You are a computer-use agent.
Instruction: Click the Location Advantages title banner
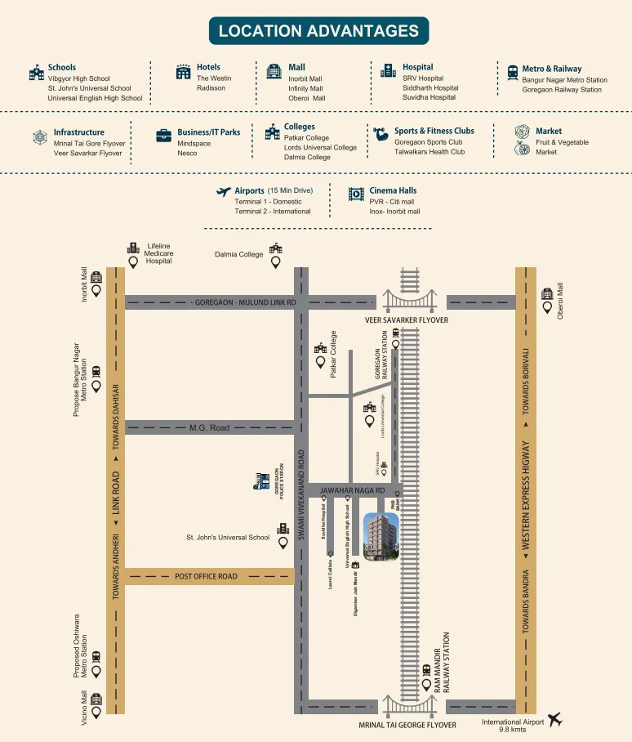point(318,31)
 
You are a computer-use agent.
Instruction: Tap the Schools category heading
point(62,67)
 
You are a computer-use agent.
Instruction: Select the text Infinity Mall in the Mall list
point(305,88)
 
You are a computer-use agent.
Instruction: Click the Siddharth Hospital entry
point(430,87)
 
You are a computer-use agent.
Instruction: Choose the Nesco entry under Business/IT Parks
point(187,153)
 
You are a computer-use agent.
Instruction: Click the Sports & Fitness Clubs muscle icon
point(381,132)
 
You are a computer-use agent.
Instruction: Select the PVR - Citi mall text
point(392,201)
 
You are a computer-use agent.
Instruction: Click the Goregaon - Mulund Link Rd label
point(245,302)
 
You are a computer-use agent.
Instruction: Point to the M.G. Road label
point(210,427)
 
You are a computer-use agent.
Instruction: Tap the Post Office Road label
point(206,576)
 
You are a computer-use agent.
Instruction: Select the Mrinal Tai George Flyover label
point(407,725)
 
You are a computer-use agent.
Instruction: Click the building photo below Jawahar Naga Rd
point(381,537)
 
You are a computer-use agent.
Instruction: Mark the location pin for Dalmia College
point(276,262)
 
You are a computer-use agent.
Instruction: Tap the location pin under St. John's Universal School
point(283,542)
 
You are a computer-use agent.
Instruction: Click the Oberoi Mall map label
point(560,301)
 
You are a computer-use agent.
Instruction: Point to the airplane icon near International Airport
point(555,719)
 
